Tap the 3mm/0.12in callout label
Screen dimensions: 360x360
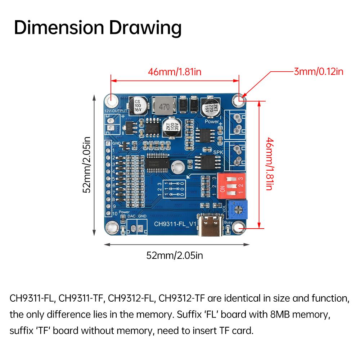[318, 71]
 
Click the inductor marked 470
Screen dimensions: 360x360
[164, 106]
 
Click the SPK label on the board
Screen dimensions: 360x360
[218, 152]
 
